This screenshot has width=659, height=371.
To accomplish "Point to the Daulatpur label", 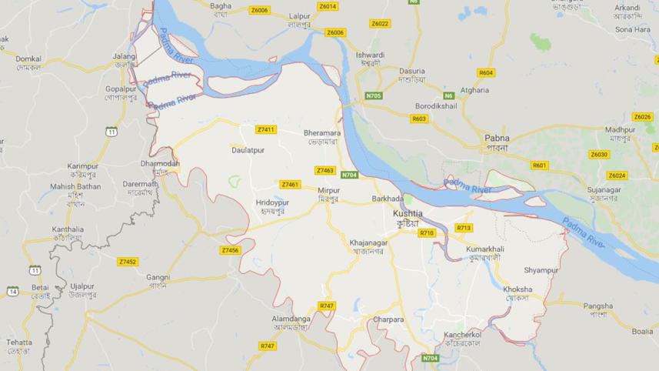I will [248, 150].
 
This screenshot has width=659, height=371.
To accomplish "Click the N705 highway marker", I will [374, 95].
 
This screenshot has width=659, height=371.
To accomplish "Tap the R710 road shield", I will [427, 232].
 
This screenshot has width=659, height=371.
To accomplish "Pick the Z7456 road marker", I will [230, 250].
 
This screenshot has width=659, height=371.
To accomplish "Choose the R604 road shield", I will [486, 73].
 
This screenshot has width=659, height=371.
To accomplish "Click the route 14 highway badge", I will [13, 291].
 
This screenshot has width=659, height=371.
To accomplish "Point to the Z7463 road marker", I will [325, 170].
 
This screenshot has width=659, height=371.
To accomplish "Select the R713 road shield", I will [464, 228].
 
